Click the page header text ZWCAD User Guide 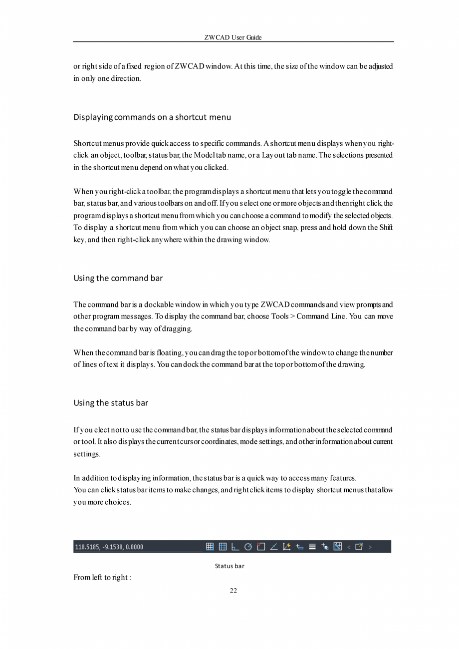point(233,37)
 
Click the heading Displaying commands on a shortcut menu point(152,117)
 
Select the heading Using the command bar point(118,278)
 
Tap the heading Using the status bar point(111,403)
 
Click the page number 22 point(233,591)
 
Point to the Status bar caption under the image point(229,566)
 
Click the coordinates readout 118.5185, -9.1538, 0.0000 point(109,547)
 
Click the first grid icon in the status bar point(210,547)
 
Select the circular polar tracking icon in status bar point(248,547)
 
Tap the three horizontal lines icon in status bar point(312,547)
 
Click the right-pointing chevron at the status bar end point(370,547)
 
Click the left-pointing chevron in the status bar point(349,547)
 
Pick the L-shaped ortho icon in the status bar point(235,547)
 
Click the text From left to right point(102,578)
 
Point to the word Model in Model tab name point(203,155)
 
